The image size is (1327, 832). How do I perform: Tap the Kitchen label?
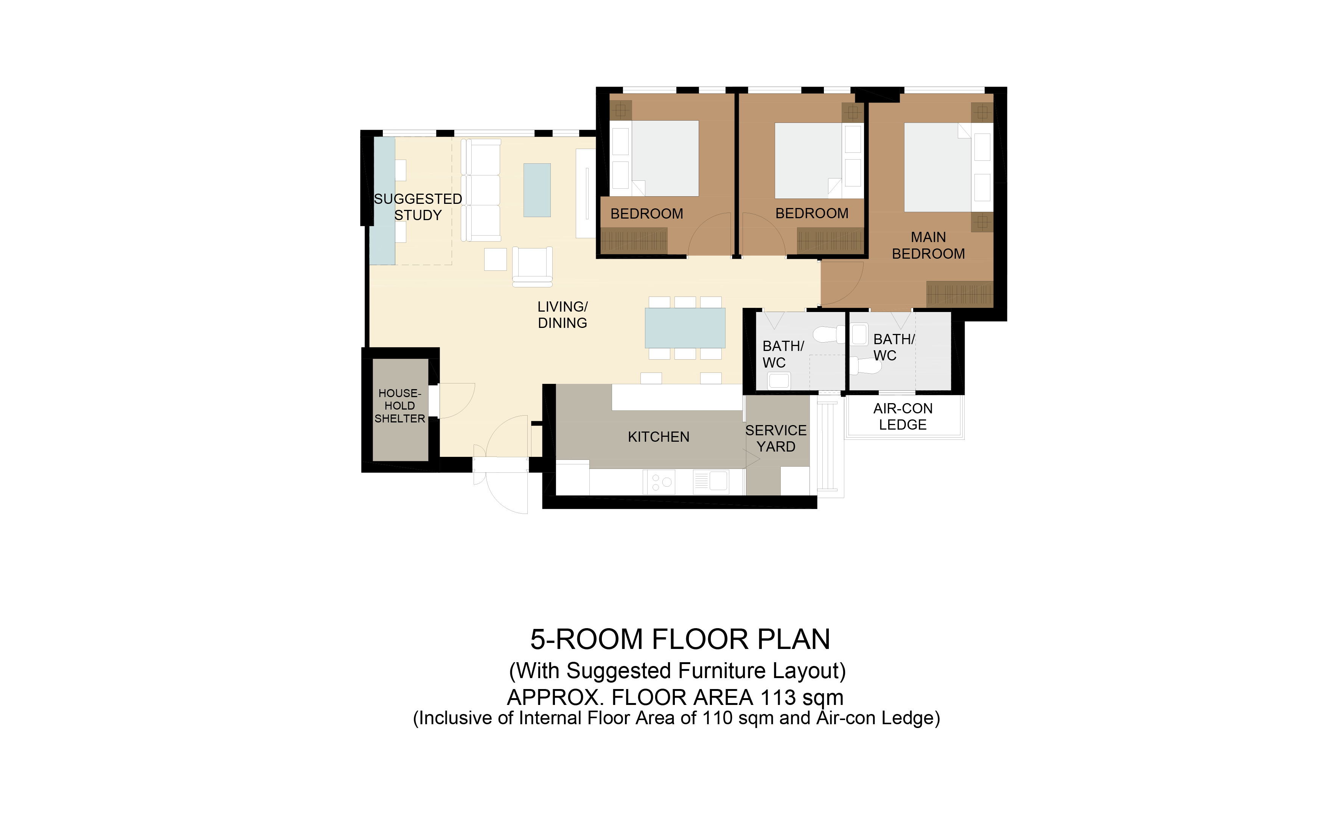(658, 437)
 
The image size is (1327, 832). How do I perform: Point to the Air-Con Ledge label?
(903, 416)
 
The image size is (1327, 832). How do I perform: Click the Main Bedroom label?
(929, 245)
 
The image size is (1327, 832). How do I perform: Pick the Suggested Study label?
(418, 207)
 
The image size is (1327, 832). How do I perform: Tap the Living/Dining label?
(562, 315)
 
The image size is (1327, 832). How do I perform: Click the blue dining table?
(685, 328)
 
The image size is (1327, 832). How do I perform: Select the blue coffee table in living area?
(537, 190)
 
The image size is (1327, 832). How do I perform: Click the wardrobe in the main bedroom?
(959, 294)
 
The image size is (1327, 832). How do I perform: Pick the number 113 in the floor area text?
(778, 698)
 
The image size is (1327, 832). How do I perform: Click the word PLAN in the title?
(794, 640)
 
